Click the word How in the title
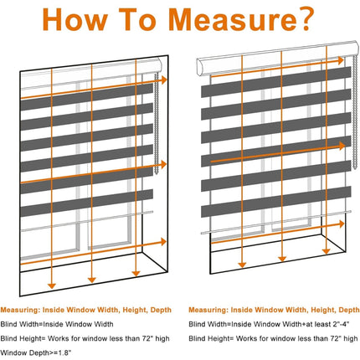pyautogui.click(x=75, y=19)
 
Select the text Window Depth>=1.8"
pyautogui.click(x=36, y=352)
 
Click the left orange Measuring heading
pyautogui.click(x=85, y=310)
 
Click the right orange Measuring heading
pyautogui.click(x=274, y=310)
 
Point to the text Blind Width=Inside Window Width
pyautogui.click(x=57, y=324)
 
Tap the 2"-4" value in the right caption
pyautogui.click(x=341, y=324)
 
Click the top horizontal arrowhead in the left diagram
pyautogui.click(x=164, y=80)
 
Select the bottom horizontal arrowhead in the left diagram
pyautogui.click(x=164, y=242)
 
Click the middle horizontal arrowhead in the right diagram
pyautogui.click(x=342, y=146)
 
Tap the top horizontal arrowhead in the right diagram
pyautogui.click(x=341, y=60)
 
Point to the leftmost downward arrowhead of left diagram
pyautogui.click(x=52, y=285)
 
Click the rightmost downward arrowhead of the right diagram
pyautogui.click(x=326, y=251)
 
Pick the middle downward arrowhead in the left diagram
pyautogui.click(x=92, y=280)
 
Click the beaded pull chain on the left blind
pyautogui.click(x=157, y=124)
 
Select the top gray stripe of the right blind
pyautogui.click(x=276, y=82)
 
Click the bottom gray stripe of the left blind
pyautogui.click(x=87, y=203)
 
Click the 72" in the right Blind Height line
pyautogui.click(x=336, y=338)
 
